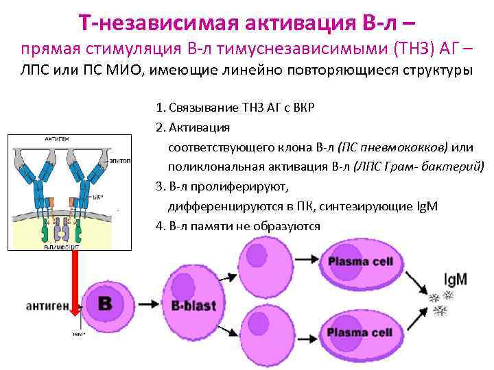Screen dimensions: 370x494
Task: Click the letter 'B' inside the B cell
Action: pos(105,304)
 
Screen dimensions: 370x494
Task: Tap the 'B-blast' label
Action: pos(195,305)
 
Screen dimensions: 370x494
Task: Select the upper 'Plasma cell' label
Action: pos(360,262)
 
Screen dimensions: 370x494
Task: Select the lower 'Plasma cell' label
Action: pos(360,333)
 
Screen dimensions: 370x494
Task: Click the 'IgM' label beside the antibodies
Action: pos(455,279)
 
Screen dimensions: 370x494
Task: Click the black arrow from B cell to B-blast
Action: pos(145,303)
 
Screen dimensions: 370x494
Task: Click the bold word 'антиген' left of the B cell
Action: pos(47,303)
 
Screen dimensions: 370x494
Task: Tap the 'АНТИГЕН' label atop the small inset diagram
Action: pos(56,138)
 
